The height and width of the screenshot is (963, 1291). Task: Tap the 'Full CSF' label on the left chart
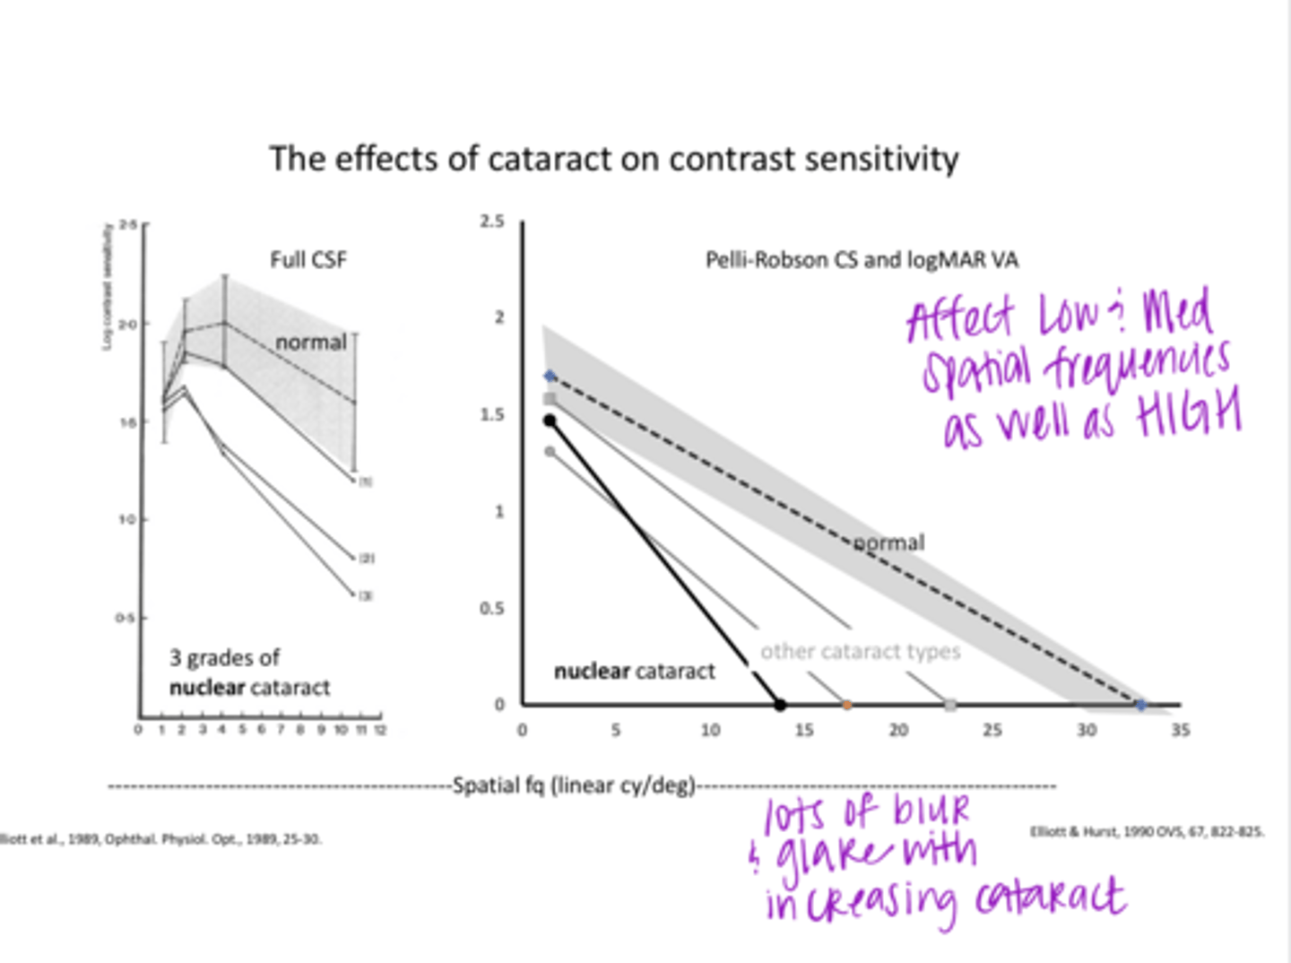coord(308,260)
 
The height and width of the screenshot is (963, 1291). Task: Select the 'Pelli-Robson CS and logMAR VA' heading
coord(861,260)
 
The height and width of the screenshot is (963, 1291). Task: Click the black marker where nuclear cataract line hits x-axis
coord(780,706)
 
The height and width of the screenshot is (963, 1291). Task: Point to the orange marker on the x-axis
coord(846,706)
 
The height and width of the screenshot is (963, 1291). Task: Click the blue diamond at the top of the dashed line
coord(550,377)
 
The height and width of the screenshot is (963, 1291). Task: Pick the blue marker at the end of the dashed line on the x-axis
coord(1140,706)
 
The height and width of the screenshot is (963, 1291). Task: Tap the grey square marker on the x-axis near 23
coord(950,706)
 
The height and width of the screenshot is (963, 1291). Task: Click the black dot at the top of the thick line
coord(550,421)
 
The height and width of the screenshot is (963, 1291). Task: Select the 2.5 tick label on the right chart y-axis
coord(491,221)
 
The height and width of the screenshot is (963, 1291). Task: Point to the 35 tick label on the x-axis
coord(1180,731)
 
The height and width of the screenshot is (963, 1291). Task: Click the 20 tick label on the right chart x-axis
coord(898,731)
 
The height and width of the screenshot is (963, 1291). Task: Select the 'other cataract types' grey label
coord(860,652)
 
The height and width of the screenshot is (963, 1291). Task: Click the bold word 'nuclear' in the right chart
coord(591,672)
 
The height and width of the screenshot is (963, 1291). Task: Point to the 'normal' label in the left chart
coord(310,343)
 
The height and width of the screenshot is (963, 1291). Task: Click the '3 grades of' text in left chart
coord(224,658)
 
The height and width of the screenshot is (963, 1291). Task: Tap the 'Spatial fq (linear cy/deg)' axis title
coord(574,785)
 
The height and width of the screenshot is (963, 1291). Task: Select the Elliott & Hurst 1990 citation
coord(1146,832)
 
